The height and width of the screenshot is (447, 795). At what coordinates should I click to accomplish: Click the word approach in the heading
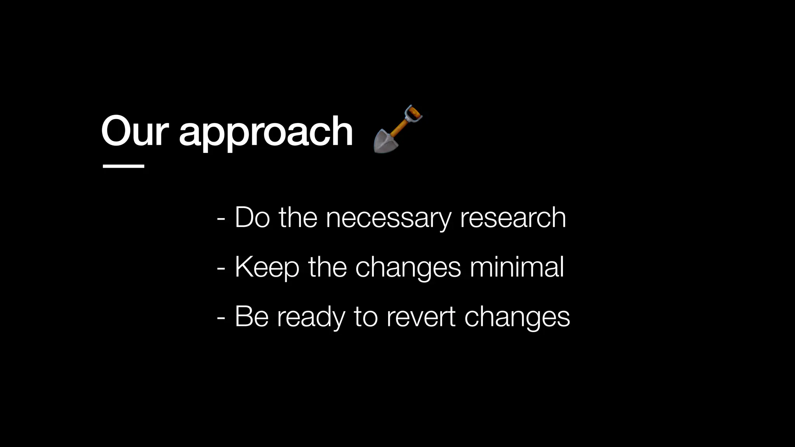pyautogui.click(x=266, y=134)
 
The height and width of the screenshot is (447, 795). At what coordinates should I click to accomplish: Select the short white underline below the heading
pyautogui.click(x=123, y=166)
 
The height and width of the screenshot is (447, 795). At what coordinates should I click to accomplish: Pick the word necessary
pyautogui.click(x=388, y=218)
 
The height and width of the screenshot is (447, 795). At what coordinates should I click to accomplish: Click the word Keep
pyautogui.click(x=267, y=268)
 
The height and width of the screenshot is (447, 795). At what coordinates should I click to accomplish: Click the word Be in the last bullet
pyautogui.click(x=252, y=317)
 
